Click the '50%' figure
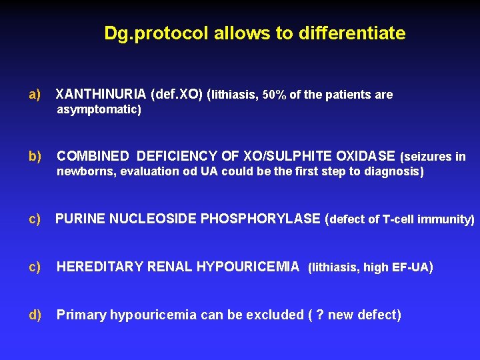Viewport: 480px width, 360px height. point(275,95)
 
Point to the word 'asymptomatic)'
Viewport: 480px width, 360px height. point(99,110)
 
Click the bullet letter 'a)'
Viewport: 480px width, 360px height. point(35,95)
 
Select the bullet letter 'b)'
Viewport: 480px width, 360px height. point(35,156)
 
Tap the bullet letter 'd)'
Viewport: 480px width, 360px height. point(35,315)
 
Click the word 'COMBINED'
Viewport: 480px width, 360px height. point(93,156)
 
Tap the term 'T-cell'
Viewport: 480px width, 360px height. point(399,219)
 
